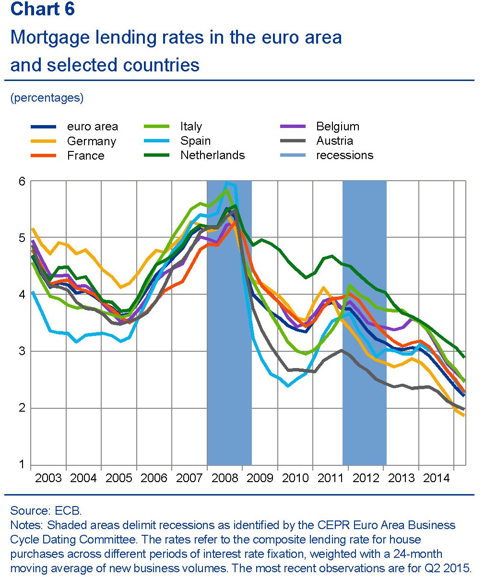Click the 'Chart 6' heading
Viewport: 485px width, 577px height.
click(x=43, y=9)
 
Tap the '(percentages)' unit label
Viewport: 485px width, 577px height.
click(x=47, y=98)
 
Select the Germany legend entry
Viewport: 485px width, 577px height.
click(x=91, y=141)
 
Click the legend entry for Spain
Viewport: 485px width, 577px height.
click(x=195, y=141)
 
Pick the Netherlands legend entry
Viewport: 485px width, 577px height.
click(x=212, y=155)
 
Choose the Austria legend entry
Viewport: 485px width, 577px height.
click(x=334, y=141)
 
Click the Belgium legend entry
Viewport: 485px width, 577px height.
click(x=337, y=127)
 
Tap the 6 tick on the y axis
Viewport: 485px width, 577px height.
click(x=22, y=181)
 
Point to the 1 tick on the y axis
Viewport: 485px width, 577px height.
click(x=22, y=464)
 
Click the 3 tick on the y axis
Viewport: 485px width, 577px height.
click(x=22, y=351)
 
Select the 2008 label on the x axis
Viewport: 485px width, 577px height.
click(x=225, y=478)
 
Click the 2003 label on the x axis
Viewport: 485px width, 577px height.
click(x=48, y=478)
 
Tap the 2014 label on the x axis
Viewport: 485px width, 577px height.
click(x=436, y=478)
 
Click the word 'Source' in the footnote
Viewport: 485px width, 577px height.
click(x=26, y=510)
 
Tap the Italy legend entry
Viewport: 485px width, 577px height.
click(x=191, y=127)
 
